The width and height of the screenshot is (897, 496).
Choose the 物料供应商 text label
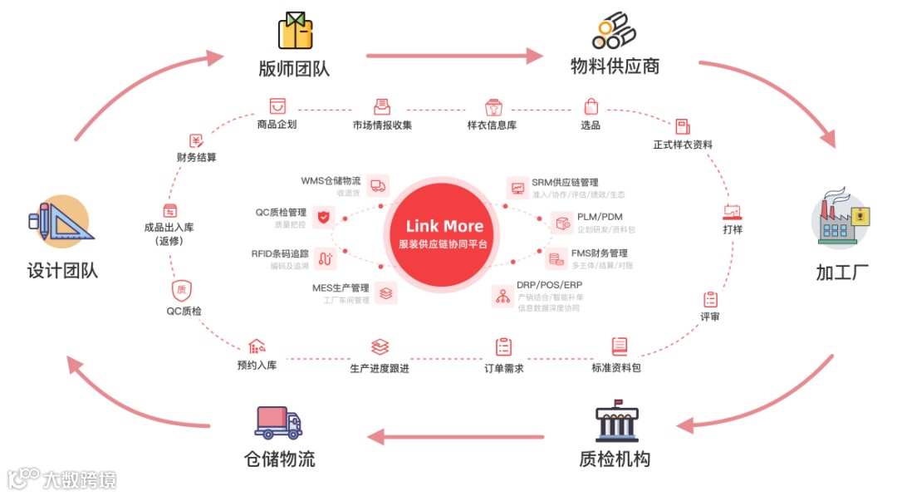pos(615,66)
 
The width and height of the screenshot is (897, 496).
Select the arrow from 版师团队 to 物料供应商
pos(453,56)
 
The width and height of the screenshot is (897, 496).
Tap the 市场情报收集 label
pos(382,125)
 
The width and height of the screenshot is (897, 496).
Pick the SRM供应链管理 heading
pos(565,183)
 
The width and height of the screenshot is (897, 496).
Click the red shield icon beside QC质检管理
pos(325,219)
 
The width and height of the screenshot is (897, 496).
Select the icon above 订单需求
pos(503,346)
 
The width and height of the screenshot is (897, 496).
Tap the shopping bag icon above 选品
pos(591,106)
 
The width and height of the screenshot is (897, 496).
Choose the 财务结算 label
pos(196,157)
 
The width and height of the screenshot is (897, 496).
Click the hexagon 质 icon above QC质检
pos(182,289)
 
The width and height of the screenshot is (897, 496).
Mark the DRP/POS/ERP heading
pos(549,285)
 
